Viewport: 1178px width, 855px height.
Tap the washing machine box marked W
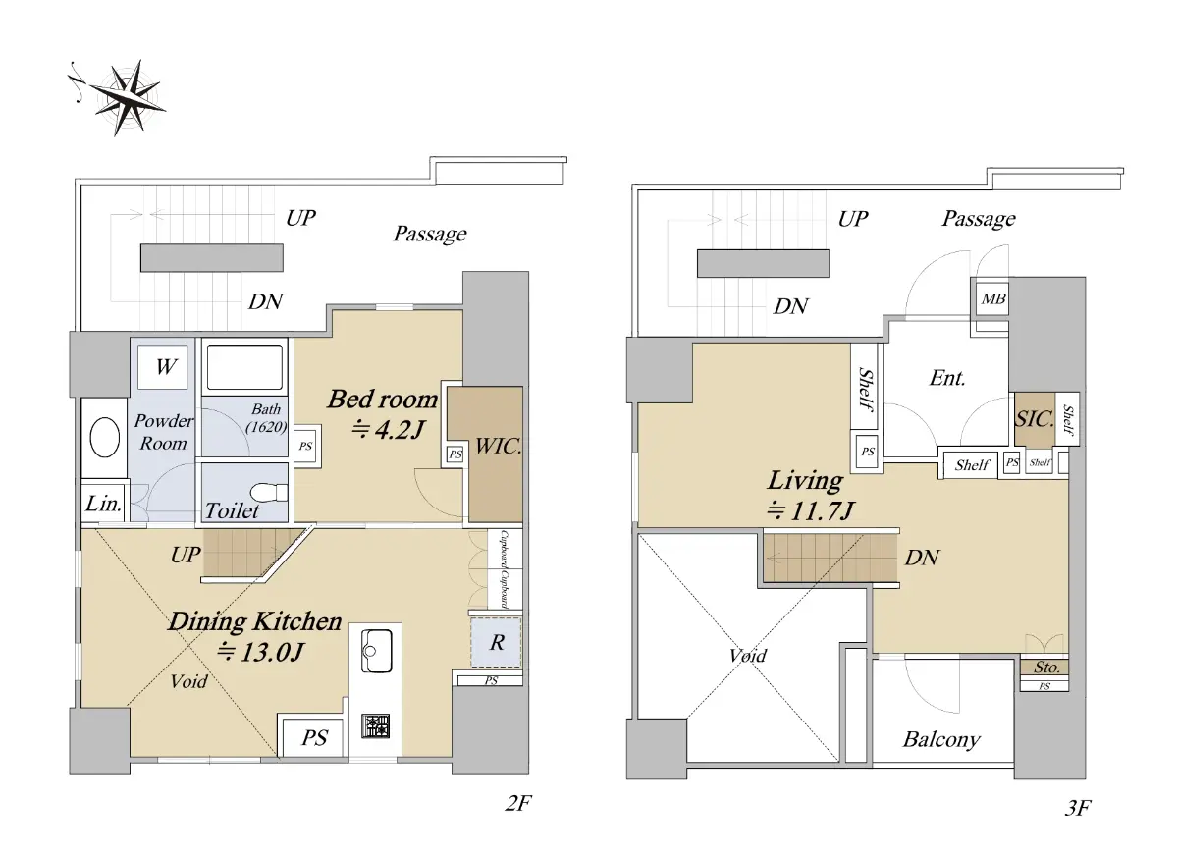pos(163,367)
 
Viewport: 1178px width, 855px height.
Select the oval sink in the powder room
pos(105,438)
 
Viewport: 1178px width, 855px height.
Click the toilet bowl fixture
pos(267,492)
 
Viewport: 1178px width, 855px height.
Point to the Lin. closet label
pos(104,504)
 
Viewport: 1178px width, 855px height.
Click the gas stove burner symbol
pos(375,725)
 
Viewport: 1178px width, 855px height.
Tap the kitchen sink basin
pos(376,651)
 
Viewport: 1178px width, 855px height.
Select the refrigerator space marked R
pos(496,642)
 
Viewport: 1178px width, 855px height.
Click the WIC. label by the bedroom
pos(498,447)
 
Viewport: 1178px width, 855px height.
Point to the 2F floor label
pos(518,803)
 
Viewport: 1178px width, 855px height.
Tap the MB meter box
pos(992,298)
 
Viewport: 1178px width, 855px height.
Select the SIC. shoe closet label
pos(1035,419)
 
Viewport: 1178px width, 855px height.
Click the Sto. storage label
pos(1046,668)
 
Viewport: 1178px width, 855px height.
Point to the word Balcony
pos(941,740)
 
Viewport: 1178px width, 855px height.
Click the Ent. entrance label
pos(947,378)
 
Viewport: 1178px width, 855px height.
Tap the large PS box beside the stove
pos(313,738)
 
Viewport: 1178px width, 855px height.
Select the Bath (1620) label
pos(266,417)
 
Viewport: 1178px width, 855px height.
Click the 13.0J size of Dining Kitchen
pos(260,653)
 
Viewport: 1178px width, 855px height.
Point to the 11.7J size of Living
pos(810,510)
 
